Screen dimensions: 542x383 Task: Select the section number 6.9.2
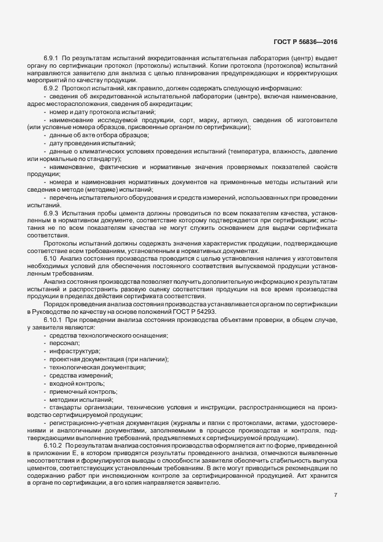pos(52,87)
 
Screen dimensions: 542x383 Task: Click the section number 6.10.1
pos(54,320)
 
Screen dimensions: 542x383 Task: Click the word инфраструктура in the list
pos(74,351)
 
